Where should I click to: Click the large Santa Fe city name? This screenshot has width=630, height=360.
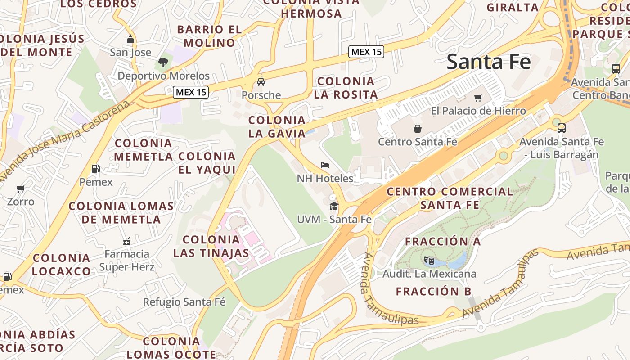(x=489, y=62)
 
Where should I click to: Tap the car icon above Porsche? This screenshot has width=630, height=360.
(x=261, y=82)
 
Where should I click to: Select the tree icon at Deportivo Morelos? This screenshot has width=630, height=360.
(x=163, y=63)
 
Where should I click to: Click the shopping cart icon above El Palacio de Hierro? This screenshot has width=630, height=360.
(x=478, y=98)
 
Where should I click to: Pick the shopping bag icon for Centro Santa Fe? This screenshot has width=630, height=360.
(x=418, y=129)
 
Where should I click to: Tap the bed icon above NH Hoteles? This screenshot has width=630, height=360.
(x=325, y=165)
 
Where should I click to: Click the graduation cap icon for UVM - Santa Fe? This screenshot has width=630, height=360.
(x=334, y=206)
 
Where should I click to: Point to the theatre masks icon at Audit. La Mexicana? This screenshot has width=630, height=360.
(x=429, y=260)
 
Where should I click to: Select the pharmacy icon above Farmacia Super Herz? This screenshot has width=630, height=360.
(x=127, y=241)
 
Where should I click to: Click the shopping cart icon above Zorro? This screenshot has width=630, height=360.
(x=20, y=189)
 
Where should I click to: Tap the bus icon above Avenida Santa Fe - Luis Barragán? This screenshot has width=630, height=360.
(x=561, y=128)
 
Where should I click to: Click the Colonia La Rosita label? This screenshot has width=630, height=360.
(x=345, y=88)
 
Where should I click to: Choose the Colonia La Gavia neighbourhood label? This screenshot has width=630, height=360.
(x=277, y=126)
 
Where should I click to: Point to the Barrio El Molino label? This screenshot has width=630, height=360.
(x=209, y=36)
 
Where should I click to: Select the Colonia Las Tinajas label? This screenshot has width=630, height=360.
(x=211, y=246)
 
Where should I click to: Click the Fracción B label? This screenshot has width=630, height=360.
(x=433, y=291)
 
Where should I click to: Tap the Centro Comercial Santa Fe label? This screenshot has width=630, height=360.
(x=450, y=198)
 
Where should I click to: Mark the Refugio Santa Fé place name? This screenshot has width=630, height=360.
(x=184, y=302)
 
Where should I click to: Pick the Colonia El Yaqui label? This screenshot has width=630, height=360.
(x=207, y=162)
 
